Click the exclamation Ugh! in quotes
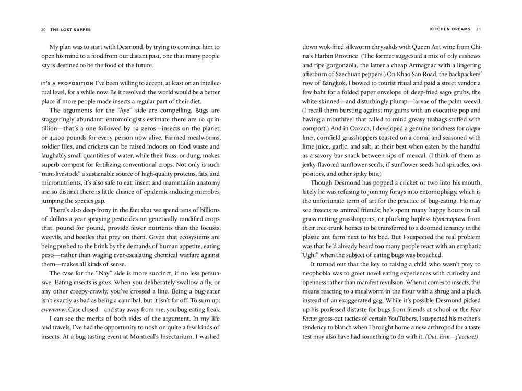pos(313,255)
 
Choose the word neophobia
pos(319,274)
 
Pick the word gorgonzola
pos(345,65)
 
